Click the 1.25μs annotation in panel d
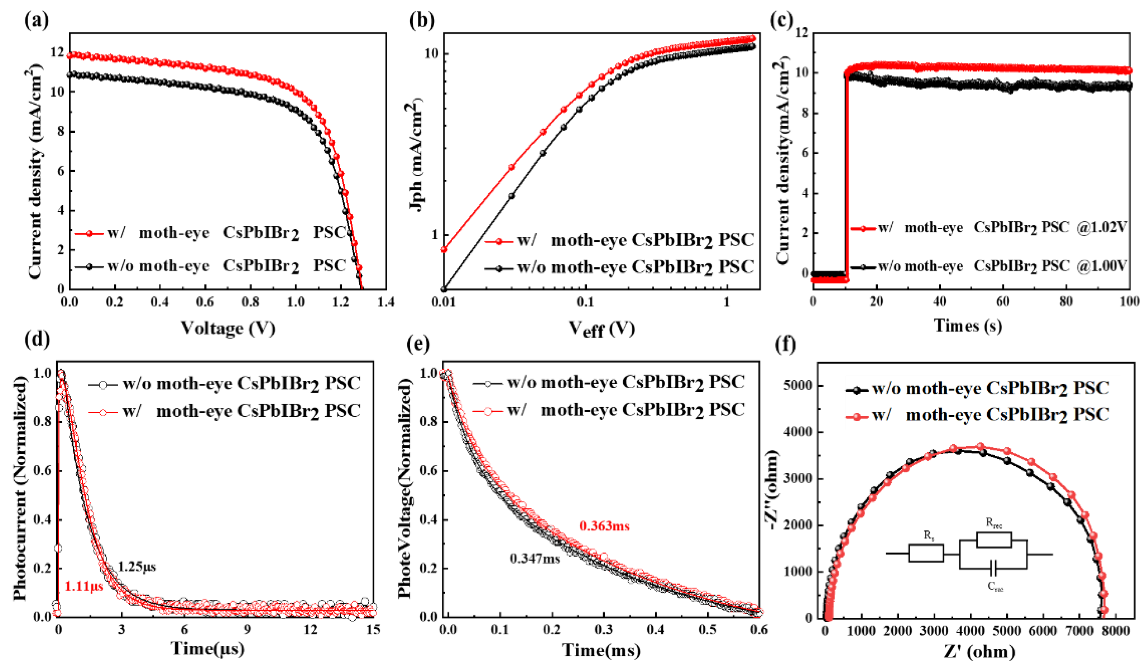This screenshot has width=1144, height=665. coord(137,567)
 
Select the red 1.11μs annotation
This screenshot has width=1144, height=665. coord(84,586)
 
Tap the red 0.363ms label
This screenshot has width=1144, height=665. coord(604,526)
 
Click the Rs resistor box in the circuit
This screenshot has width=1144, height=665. coord(926,553)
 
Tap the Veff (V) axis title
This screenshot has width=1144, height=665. coord(601,328)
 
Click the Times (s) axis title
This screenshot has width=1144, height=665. coord(968,325)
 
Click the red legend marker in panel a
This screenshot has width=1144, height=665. coord(90,233)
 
